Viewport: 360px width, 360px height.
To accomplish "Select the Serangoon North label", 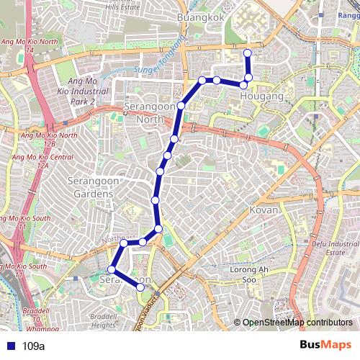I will pyautogui.click(x=150, y=112).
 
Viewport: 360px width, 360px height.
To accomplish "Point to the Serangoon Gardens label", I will pyautogui.click(x=91, y=188).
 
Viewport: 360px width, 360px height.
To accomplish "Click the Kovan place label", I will pyautogui.click(x=264, y=210).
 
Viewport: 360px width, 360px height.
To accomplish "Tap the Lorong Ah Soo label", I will pyautogui.click(x=243, y=274).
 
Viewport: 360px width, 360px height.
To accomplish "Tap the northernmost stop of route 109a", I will pyautogui.click(x=248, y=53).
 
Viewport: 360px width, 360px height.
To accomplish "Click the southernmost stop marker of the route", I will pyautogui.click(x=140, y=287).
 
